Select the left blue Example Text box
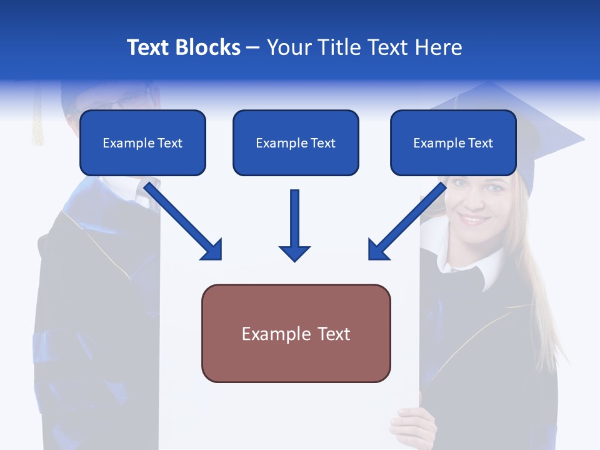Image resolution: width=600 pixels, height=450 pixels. click(142, 142)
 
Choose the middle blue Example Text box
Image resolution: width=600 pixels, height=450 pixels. click(296, 142)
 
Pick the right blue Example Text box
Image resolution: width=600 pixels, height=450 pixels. click(453, 142)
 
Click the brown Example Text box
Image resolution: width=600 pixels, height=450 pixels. click(296, 333)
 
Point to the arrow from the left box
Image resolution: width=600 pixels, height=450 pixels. click(184, 221)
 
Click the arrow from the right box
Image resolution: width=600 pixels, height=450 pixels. click(406, 221)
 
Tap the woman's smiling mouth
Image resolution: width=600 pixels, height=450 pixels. click(473, 219)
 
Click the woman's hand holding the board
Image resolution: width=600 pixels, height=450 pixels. click(412, 425)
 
